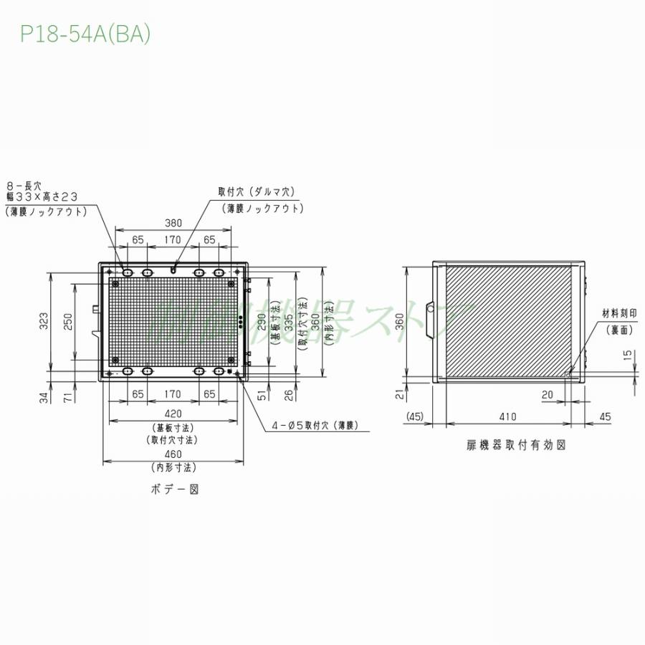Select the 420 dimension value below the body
(x=173, y=414)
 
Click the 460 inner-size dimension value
(x=173, y=454)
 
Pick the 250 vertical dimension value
(x=67, y=322)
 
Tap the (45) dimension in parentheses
(x=416, y=416)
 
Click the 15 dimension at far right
(x=628, y=355)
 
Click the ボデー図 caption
(x=173, y=489)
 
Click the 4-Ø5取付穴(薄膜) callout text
(x=313, y=425)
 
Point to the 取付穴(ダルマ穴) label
(x=257, y=192)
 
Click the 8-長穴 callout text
(x=24, y=185)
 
